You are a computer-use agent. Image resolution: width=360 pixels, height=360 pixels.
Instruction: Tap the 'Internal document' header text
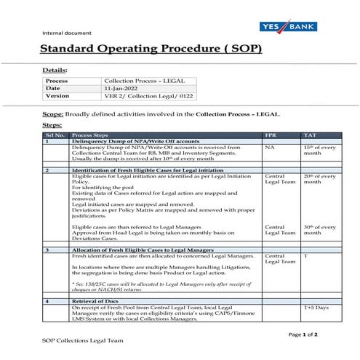pos(67,33)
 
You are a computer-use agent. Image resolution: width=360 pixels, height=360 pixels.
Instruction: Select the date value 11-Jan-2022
pos(121,88)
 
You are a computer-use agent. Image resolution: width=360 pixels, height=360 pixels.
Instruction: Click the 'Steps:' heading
pos(52,125)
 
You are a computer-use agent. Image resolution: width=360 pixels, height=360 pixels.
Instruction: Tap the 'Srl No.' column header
pos(55,135)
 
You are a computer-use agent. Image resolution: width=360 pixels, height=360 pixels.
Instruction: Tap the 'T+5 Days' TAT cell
pos(316,308)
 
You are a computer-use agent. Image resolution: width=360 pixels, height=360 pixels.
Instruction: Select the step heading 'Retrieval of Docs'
pos(95,300)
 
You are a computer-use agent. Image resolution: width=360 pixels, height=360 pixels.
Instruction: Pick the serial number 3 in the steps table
pos(47,249)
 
